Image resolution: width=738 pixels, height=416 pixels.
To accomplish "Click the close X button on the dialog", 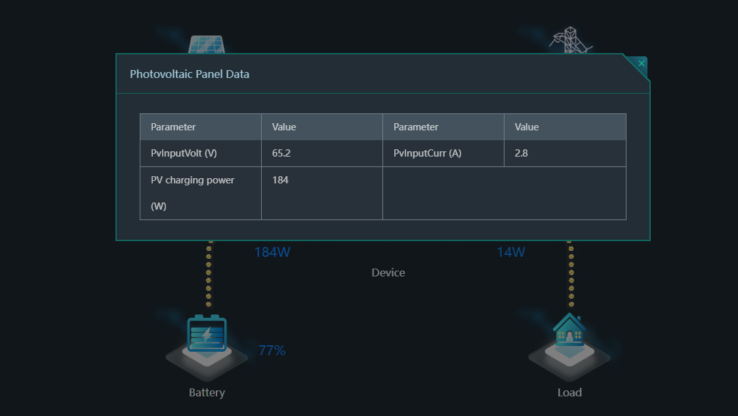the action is coord(641,64).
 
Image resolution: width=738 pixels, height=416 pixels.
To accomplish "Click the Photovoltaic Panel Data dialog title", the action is coord(190,74).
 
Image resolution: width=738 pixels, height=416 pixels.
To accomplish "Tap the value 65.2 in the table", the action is coord(281,153).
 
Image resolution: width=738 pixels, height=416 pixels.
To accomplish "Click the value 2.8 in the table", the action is coord(521,153).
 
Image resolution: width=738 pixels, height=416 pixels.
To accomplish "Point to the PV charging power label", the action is coord(192,180).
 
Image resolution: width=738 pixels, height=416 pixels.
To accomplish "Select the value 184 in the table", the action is coord(280,180).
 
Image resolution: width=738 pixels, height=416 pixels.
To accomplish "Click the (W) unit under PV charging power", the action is coord(159,206).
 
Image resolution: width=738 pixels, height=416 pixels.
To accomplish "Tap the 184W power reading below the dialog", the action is coord(272,252).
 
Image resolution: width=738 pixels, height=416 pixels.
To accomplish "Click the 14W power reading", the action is coord(510,252).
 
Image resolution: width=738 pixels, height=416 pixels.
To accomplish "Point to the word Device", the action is coord(388,273).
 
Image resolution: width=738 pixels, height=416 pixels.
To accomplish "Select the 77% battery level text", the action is coord(272,350).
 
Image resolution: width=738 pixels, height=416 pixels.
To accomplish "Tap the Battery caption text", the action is coord(207,392).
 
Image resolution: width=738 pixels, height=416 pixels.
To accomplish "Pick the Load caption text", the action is coord(569,392).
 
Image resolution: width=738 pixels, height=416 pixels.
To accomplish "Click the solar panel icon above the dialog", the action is coord(207,45).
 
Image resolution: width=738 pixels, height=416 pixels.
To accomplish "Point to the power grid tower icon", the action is coord(571,40).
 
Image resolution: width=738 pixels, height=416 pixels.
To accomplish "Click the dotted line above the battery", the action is coord(209,274).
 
